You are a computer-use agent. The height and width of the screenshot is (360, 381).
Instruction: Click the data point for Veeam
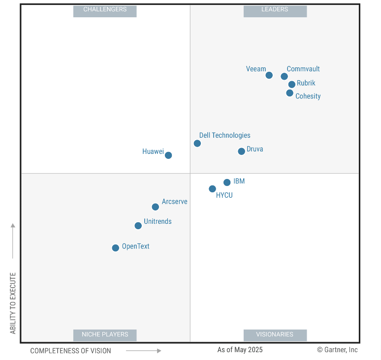click(x=269, y=75)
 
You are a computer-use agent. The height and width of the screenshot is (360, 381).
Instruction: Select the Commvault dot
click(x=284, y=76)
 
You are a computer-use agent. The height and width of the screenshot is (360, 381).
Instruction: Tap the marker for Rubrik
click(x=292, y=84)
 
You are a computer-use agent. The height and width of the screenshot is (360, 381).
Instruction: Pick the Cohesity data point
click(x=289, y=93)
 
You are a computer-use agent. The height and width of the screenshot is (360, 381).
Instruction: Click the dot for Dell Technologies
click(x=197, y=144)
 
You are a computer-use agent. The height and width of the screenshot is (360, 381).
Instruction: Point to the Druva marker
click(x=241, y=151)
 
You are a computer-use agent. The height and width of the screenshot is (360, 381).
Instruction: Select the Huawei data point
click(x=168, y=155)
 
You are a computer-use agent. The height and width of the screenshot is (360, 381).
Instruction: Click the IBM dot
click(x=227, y=182)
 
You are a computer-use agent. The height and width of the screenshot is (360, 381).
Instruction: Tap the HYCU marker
click(x=212, y=189)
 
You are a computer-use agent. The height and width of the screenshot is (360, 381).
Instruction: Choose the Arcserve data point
click(x=156, y=207)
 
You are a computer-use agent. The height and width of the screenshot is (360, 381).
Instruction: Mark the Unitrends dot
click(x=138, y=226)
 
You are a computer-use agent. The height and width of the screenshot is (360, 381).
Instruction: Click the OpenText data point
click(x=115, y=248)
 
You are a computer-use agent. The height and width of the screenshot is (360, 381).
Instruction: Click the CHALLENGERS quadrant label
click(x=105, y=10)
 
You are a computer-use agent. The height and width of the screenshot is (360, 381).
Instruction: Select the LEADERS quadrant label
click(x=275, y=10)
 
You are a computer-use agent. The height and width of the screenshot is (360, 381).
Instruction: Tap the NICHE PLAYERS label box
click(x=105, y=335)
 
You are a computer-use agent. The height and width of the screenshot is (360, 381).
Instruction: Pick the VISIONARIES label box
click(x=275, y=335)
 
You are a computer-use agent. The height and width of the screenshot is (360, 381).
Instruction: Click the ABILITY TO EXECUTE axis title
click(x=13, y=303)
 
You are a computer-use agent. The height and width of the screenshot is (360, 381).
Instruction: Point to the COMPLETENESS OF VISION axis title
click(x=70, y=351)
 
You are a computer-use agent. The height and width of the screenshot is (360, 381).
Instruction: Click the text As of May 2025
click(x=240, y=350)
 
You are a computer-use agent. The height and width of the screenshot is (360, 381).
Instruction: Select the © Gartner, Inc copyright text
click(x=337, y=350)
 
